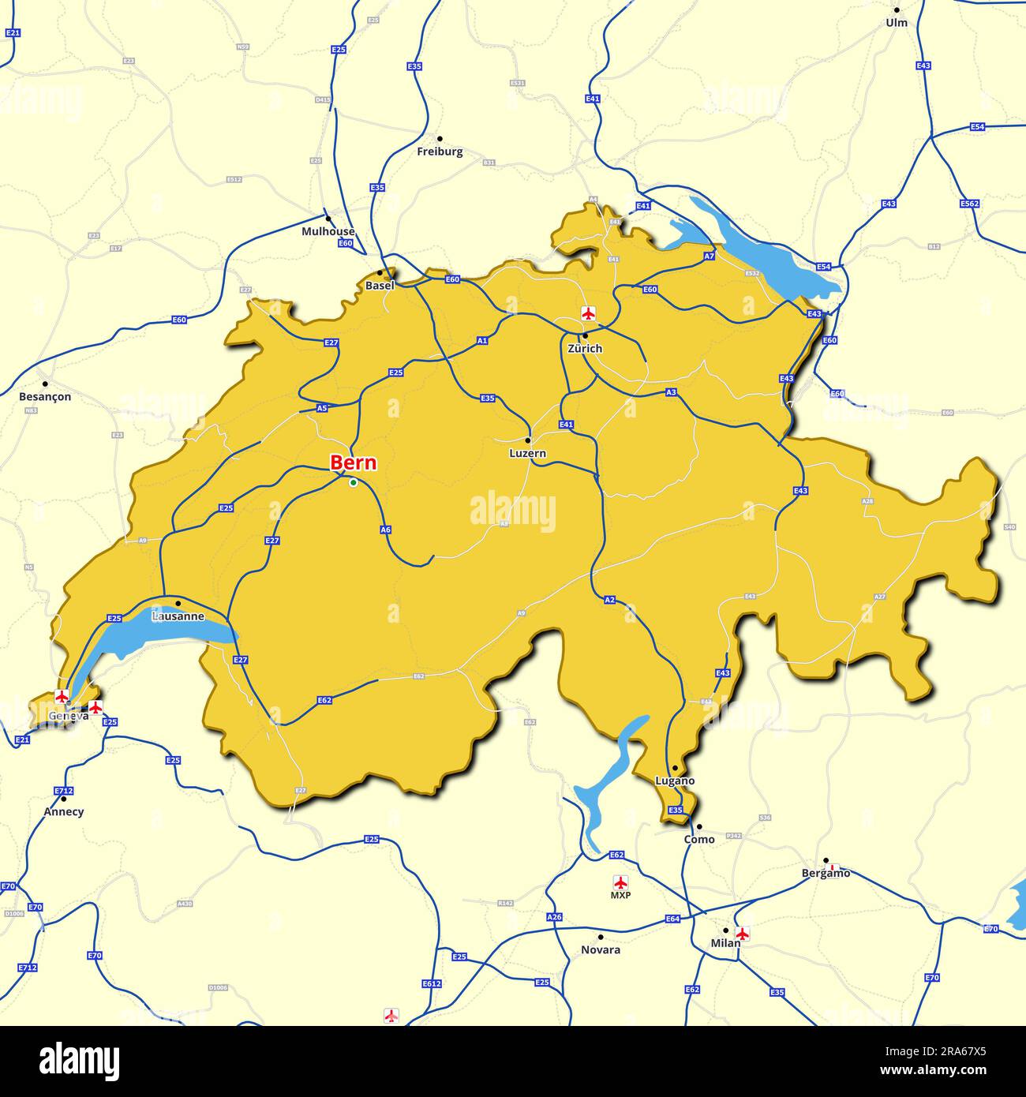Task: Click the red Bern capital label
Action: [x=353, y=463]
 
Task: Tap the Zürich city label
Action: [x=584, y=348]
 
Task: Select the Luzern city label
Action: [x=528, y=454]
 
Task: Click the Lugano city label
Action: [x=675, y=781]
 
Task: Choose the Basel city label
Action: [x=380, y=286]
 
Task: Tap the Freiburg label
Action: [x=440, y=152]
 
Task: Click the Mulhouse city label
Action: [x=328, y=231]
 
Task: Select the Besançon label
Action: [x=45, y=396]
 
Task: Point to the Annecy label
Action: [x=64, y=811]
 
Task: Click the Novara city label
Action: [x=601, y=949]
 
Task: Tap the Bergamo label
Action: [x=826, y=873]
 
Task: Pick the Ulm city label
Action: [x=897, y=23]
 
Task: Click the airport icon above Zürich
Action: [x=587, y=313]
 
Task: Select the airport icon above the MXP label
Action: [x=620, y=882]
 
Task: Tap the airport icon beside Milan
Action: [x=742, y=934]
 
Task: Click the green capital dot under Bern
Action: [x=354, y=482]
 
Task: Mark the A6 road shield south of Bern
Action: [x=385, y=530]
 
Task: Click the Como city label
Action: [x=698, y=839]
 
